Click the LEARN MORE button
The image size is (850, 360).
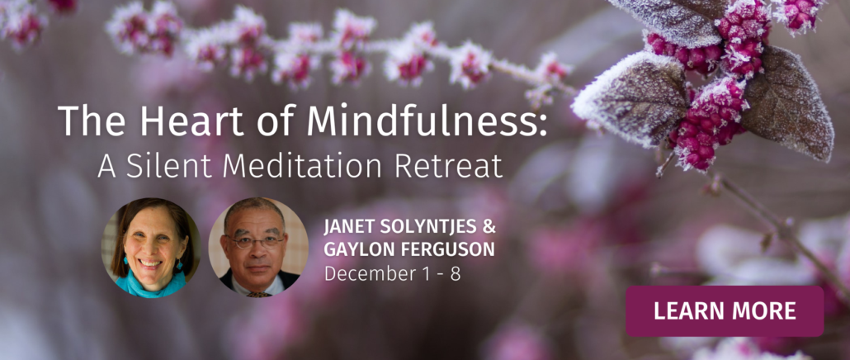[x=725, y=311]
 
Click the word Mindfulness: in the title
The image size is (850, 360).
[x=427, y=120]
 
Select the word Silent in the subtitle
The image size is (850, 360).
[x=170, y=167]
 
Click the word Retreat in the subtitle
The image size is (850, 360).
[x=448, y=167]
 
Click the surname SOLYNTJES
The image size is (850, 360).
[x=426, y=227]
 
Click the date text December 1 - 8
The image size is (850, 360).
[x=393, y=273]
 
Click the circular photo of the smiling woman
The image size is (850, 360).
[x=150, y=248]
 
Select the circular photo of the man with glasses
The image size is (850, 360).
[x=258, y=248]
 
